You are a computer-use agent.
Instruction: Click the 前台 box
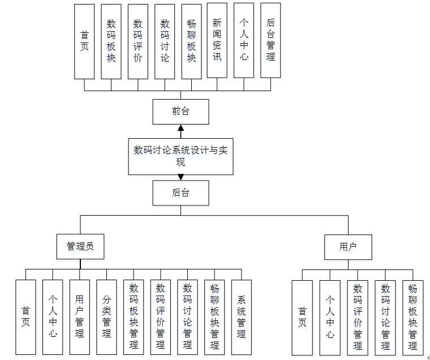click(x=180, y=112)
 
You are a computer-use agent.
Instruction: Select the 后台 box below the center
click(x=180, y=193)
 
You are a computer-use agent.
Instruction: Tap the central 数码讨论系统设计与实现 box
click(x=180, y=156)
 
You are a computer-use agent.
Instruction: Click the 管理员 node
click(x=80, y=247)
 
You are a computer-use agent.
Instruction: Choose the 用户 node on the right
click(x=348, y=247)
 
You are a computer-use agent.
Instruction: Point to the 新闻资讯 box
click(x=217, y=41)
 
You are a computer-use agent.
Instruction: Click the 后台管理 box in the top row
click(x=270, y=41)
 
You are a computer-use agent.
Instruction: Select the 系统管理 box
click(x=242, y=317)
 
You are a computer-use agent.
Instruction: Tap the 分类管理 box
click(x=106, y=317)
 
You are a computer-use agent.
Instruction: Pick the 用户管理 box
click(x=79, y=317)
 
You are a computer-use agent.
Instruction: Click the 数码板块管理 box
click(x=134, y=317)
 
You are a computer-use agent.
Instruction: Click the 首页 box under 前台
click(x=84, y=41)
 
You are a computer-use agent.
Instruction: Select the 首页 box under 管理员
click(x=25, y=317)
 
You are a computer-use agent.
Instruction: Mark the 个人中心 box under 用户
click(x=330, y=317)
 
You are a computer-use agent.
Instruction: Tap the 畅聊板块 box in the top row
click(x=191, y=41)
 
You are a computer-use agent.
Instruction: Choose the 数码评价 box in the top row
click(x=137, y=41)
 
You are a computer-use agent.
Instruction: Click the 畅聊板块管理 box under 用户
click(x=413, y=317)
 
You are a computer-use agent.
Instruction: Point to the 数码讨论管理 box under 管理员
click(x=187, y=317)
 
